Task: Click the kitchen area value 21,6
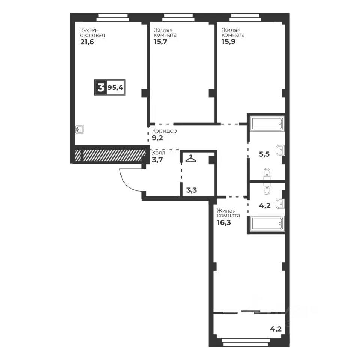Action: (87, 42)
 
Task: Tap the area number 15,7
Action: (160, 42)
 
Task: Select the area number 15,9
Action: (228, 42)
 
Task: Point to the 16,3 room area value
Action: (224, 222)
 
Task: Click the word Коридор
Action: (164, 131)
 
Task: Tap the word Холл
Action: (158, 153)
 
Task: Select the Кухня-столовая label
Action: (92, 33)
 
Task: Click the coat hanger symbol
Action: (191, 159)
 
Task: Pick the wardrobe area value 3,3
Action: (192, 190)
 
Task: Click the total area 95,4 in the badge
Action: (115, 87)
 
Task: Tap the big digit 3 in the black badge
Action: (101, 87)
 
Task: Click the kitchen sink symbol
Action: (79, 129)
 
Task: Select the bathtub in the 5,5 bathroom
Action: (267, 123)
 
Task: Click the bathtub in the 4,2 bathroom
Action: (267, 223)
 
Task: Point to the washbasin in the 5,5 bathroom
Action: (280, 150)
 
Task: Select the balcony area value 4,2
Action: (276, 329)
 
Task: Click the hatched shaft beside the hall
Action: (110, 155)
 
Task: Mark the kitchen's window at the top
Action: (113, 18)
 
